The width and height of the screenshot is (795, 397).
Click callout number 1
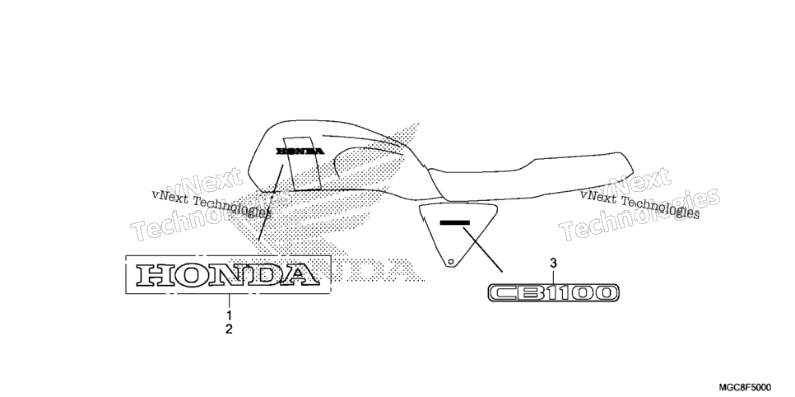tap(229, 315)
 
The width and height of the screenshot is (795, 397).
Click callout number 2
tap(229, 329)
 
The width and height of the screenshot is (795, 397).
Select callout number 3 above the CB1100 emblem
tap(553, 263)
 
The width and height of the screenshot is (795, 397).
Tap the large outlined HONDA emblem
tap(228, 274)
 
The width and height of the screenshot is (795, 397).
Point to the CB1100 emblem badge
tap(553, 292)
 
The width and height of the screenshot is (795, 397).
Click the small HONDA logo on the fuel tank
tap(300, 151)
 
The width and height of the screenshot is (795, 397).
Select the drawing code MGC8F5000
tap(745, 388)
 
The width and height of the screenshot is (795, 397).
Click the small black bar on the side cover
tap(455, 222)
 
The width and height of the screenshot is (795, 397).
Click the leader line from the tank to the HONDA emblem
tap(271, 202)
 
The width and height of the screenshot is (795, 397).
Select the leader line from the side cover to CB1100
tap(482, 250)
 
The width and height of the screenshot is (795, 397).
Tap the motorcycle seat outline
tap(530, 176)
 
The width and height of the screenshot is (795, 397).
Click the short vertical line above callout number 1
tap(229, 301)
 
